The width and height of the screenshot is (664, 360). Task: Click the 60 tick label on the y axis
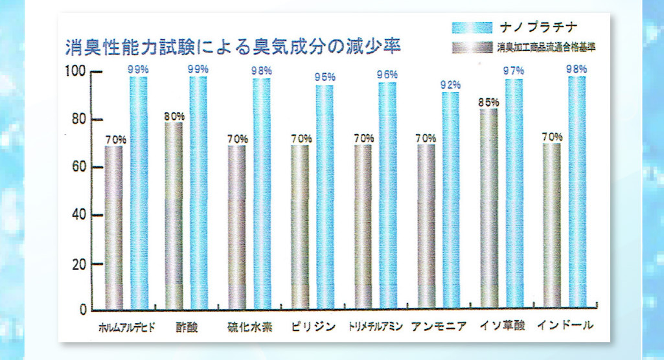coord(76,168)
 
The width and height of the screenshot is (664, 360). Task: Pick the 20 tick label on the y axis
coord(76,264)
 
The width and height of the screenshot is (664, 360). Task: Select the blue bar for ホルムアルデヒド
coord(139,194)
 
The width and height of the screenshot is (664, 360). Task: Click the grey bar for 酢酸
coord(174,217)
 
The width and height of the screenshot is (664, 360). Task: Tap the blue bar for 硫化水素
coord(262,194)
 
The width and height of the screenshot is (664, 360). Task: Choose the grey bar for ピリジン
coord(300,227)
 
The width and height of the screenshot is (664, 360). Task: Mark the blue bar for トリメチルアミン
coord(387,194)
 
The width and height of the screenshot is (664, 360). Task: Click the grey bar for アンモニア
coord(426,227)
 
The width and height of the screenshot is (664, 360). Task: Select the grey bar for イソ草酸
coord(489,207)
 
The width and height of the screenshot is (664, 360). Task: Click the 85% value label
coord(489,102)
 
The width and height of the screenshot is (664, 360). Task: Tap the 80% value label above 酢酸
coord(174,116)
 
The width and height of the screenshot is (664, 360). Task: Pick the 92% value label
coord(450,85)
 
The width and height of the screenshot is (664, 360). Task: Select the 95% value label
coord(325,78)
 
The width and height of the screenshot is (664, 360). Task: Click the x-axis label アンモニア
coord(439,326)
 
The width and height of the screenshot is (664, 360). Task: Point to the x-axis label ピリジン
coord(312,326)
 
